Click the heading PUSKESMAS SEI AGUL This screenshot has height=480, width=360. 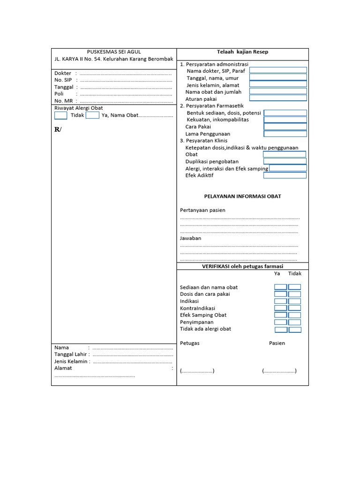[x=114, y=52]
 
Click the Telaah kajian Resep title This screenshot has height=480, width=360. [x=242, y=52]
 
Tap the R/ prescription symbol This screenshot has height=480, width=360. [x=58, y=129]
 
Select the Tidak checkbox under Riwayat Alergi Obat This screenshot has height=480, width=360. [x=61, y=115]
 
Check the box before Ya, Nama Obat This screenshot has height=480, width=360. [x=92, y=115]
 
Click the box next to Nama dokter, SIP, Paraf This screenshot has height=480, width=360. [x=278, y=70]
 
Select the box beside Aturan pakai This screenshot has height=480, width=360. [x=278, y=98]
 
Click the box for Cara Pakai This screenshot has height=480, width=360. [x=285, y=127]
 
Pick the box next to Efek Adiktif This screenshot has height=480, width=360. [x=285, y=175]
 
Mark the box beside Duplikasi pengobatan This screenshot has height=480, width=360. [x=285, y=161]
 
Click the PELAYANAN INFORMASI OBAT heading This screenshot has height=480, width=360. [x=242, y=196]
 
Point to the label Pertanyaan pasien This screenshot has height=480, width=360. [x=202, y=210]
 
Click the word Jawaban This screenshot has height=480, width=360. [x=190, y=238]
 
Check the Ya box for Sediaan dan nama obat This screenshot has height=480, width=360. [x=280, y=287]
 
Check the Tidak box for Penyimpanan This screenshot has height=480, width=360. [x=294, y=322]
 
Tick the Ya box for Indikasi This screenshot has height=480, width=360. [x=280, y=301]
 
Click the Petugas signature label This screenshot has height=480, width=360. [x=190, y=343]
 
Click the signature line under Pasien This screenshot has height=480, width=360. [x=279, y=371]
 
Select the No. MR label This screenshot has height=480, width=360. [x=64, y=101]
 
